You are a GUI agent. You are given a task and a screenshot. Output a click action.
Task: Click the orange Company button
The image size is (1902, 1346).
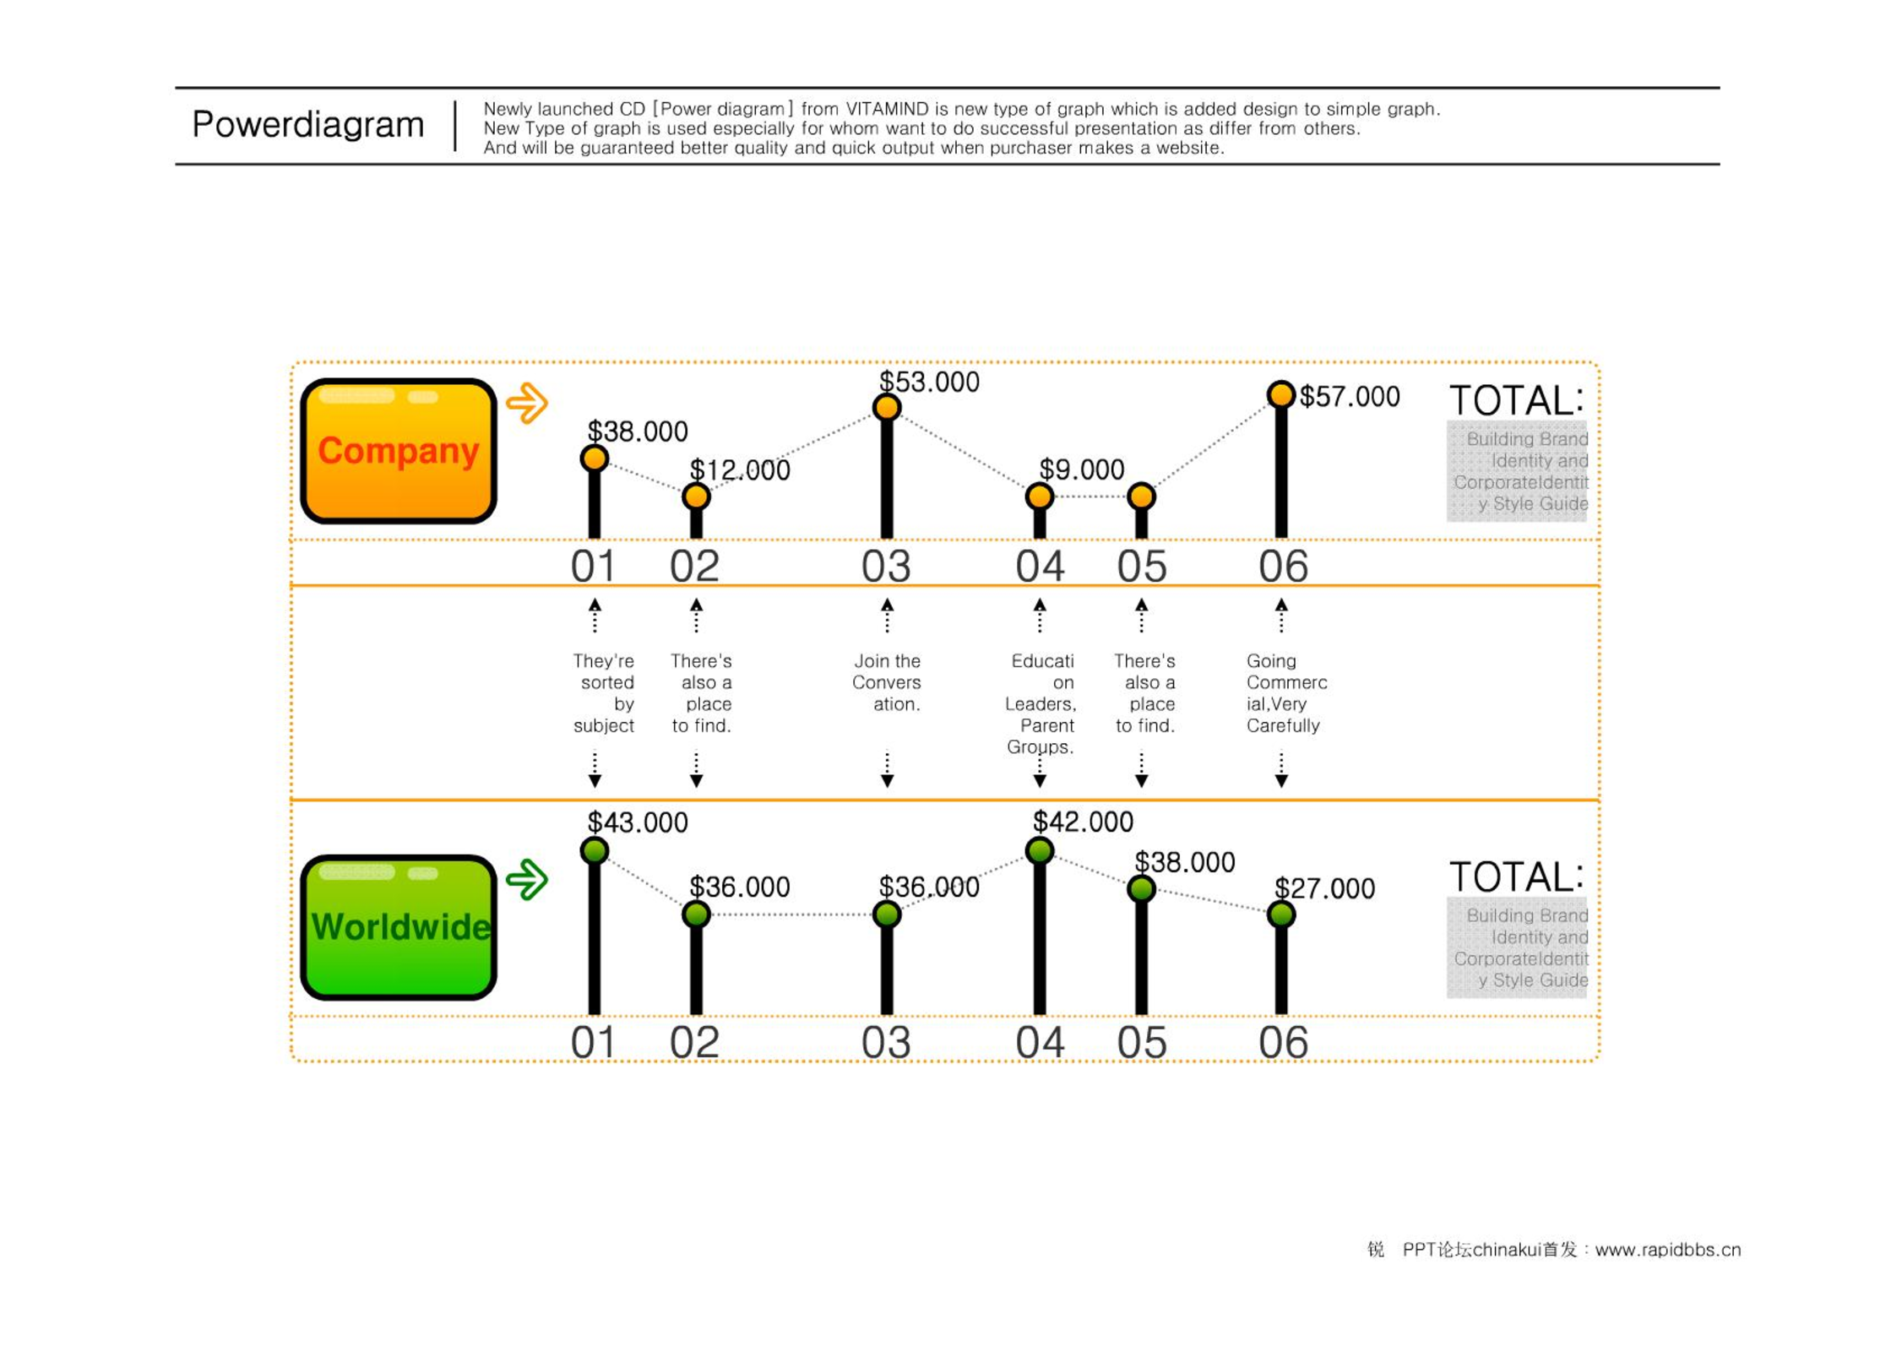point(398,451)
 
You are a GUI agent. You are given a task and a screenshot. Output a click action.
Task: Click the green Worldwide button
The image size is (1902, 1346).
point(398,927)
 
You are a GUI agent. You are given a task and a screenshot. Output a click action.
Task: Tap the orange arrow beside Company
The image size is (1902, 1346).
point(527,403)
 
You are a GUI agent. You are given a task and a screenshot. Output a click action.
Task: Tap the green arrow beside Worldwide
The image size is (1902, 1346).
point(527,879)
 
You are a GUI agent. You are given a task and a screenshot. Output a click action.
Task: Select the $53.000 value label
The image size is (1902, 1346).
point(929,382)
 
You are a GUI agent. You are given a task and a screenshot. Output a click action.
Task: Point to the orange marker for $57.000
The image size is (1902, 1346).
point(1280,393)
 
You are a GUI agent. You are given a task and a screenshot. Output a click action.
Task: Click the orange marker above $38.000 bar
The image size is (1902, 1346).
point(595,459)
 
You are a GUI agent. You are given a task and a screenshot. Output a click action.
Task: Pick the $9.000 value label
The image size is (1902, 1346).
point(1081,469)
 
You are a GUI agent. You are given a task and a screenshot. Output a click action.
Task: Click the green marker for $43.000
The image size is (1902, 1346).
point(595,850)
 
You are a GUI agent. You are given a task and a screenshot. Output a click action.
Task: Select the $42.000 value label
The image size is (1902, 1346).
point(1083,822)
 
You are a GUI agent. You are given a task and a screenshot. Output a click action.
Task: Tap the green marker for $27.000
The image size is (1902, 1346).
point(1280,914)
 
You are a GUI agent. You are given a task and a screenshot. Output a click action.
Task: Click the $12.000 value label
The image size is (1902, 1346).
point(740,470)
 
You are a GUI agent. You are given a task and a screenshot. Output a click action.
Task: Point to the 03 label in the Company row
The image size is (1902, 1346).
point(886,566)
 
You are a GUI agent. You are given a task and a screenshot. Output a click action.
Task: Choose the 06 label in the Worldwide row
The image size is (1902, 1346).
point(1283,1042)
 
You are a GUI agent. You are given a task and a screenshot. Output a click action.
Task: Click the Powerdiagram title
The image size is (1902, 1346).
point(307,125)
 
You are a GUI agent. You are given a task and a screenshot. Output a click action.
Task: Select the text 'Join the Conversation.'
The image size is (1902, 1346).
point(886,682)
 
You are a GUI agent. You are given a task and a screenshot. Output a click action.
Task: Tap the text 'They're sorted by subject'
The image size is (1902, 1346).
point(603,693)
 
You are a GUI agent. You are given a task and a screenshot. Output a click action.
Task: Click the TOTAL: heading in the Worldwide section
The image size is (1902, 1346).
point(1517,877)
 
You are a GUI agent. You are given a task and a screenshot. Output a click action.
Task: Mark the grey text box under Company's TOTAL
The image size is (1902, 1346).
point(1517,471)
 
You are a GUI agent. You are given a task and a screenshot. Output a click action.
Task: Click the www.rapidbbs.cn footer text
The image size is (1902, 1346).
point(1668,1250)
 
